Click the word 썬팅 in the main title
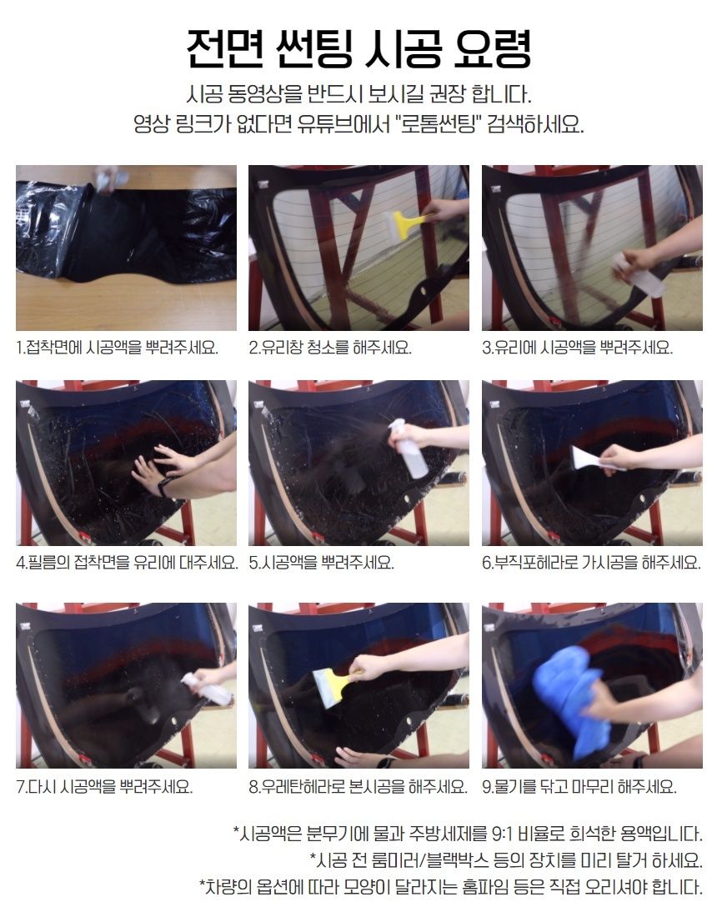point(313,48)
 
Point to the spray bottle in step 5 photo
point(409,447)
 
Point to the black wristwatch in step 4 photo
point(163,487)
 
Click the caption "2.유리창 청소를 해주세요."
point(330,348)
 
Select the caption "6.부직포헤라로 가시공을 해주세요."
point(591,563)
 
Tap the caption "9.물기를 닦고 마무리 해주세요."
point(579,787)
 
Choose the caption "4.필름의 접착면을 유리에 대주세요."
point(127,563)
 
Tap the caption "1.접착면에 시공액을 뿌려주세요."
point(117,348)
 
